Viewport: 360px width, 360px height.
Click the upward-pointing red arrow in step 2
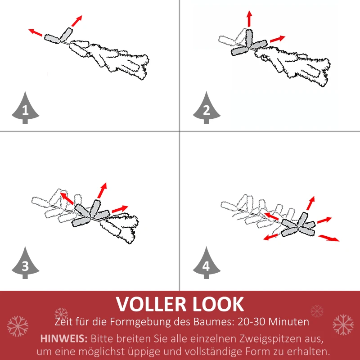249,19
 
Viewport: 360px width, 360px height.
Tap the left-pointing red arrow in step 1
36,32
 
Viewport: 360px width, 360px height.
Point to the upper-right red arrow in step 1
77,21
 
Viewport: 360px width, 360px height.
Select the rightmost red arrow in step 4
329,238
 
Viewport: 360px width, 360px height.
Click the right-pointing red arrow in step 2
278,39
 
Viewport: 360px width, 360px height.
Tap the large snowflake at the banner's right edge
343,325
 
